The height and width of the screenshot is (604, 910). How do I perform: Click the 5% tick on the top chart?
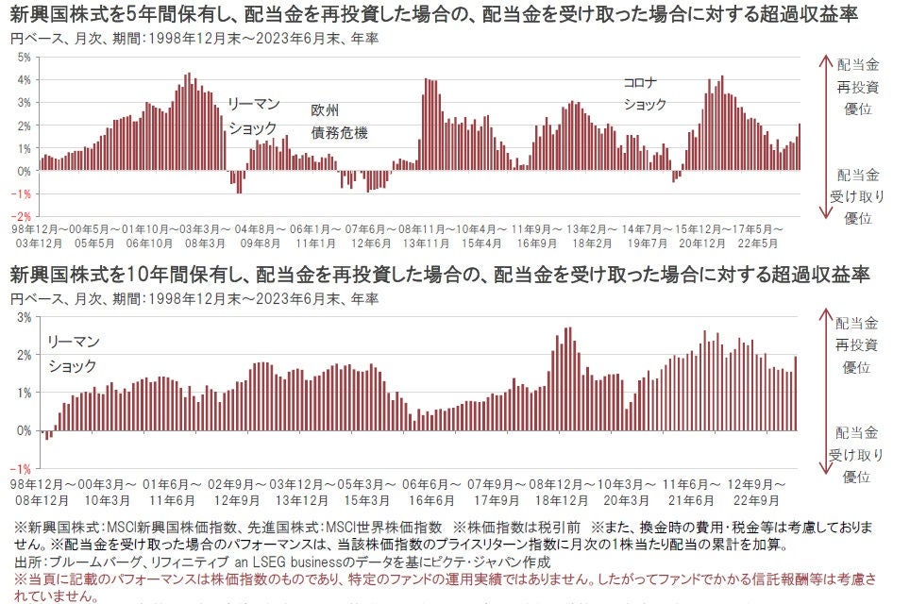(25, 57)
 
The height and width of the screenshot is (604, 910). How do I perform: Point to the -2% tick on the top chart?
(24, 216)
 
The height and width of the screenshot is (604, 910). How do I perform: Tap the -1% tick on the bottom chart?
(24, 468)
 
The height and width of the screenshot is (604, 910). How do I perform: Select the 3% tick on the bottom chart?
(25, 317)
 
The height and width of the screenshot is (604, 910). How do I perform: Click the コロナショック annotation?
(646, 93)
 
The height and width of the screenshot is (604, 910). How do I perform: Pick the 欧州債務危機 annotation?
(339, 122)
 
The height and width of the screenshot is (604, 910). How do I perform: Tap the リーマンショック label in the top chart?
(252, 116)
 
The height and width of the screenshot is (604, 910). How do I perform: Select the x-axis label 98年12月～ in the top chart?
(38, 229)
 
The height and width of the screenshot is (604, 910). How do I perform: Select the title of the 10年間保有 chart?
(440, 275)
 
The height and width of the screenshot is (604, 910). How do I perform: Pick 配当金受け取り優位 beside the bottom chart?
(857, 455)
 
